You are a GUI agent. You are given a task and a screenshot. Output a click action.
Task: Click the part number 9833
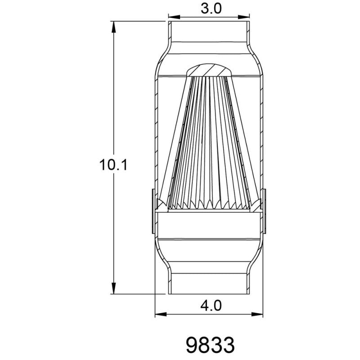coord(210,345)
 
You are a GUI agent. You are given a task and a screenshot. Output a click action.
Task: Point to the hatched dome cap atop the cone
coord(209,70)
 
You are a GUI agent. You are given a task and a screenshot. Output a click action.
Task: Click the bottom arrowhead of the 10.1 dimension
coord(114,288)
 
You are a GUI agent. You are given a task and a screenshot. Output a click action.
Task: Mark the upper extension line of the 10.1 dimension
coord(137,20)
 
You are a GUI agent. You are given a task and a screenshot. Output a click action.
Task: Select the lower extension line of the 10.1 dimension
coord(137,293)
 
